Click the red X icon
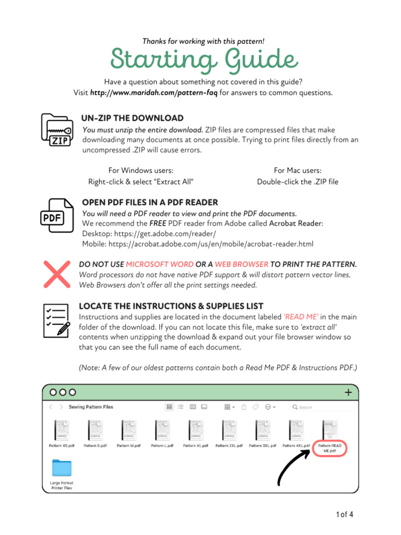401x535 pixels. [57, 274]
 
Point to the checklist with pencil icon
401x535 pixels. [56, 321]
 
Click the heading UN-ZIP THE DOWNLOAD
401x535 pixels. [133, 118]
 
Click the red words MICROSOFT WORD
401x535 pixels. [160, 264]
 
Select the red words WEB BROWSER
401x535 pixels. [242, 264]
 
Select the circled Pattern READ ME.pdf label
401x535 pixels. [329, 448]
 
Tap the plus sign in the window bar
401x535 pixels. [348, 392]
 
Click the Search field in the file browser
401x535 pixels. [322, 407]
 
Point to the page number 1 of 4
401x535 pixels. [345, 515]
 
